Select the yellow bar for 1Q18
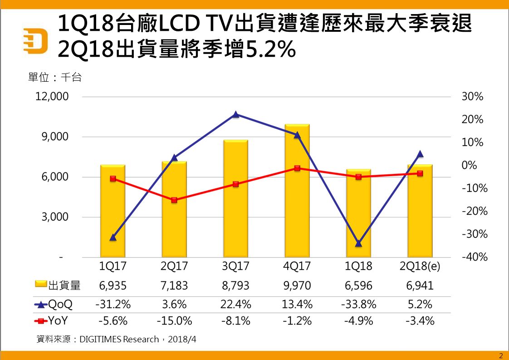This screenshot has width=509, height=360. [x=358, y=213]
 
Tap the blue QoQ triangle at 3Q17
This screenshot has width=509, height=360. [x=235, y=114]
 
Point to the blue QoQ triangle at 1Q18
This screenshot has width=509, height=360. [x=358, y=243]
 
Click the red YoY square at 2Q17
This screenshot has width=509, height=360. [x=174, y=200]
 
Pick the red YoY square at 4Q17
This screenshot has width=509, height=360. [x=297, y=168]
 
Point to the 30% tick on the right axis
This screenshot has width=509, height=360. [x=472, y=97]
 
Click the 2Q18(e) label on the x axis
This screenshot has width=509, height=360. [x=420, y=266]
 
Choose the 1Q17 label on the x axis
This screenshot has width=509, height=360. [x=113, y=266]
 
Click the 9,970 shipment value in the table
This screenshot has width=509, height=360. [x=297, y=286]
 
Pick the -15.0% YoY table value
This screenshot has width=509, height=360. [x=174, y=321]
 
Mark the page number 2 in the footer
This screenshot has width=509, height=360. [x=501, y=355]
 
